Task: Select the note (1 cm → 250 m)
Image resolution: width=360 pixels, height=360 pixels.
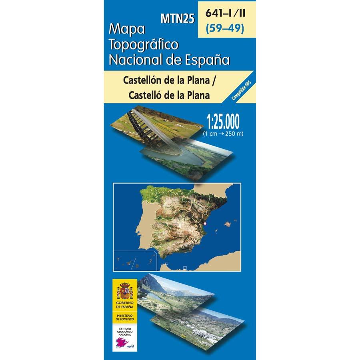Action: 224,134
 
